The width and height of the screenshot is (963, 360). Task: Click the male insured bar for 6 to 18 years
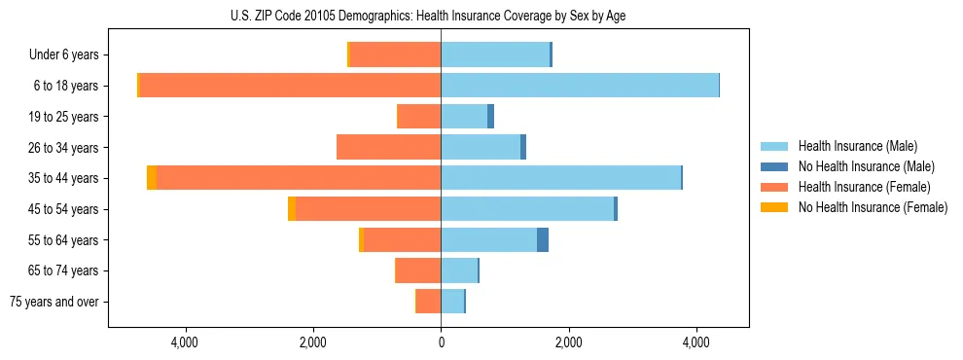pyautogui.click(x=580, y=86)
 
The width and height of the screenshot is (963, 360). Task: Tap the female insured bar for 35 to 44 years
pyautogui.click(x=299, y=178)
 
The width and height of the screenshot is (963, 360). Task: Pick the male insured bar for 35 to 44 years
pyautogui.click(x=560, y=178)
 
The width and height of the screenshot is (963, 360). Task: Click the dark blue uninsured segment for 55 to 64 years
pyautogui.click(x=543, y=239)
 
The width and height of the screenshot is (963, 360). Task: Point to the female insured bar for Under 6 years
pyautogui.click(x=395, y=54)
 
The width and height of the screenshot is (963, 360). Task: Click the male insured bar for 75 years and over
pyautogui.click(x=452, y=302)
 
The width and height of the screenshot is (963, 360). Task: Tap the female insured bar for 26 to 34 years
pyautogui.click(x=389, y=147)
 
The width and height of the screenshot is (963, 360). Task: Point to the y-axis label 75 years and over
pyautogui.click(x=54, y=302)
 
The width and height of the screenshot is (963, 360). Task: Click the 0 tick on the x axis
pyautogui.click(x=441, y=342)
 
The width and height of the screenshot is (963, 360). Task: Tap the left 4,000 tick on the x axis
pyautogui.click(x=185, y=342)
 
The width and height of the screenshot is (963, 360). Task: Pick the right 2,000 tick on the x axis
pyautogui.click(x=569, y=342)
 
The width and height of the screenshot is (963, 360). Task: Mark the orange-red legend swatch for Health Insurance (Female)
pyautogui.click(x=775, y=187)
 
